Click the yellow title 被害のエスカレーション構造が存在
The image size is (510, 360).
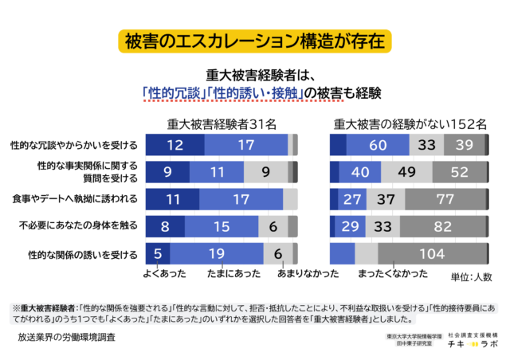254,40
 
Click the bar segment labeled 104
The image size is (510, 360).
431,255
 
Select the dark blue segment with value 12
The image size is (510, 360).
175,145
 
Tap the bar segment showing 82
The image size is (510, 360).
442,227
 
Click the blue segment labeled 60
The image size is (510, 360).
378,145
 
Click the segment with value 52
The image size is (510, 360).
459,172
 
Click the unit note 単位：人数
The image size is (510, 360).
471,277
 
